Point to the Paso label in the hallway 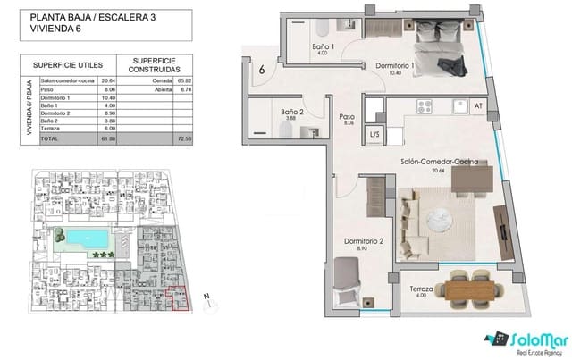point(348,117)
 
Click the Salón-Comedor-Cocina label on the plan point(438,162)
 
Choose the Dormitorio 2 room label point(364,242)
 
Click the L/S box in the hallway point(349,135)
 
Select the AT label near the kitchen point(477,106)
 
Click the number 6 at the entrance point(262,70)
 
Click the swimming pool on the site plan point(86,239)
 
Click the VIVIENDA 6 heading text point(56,28)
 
